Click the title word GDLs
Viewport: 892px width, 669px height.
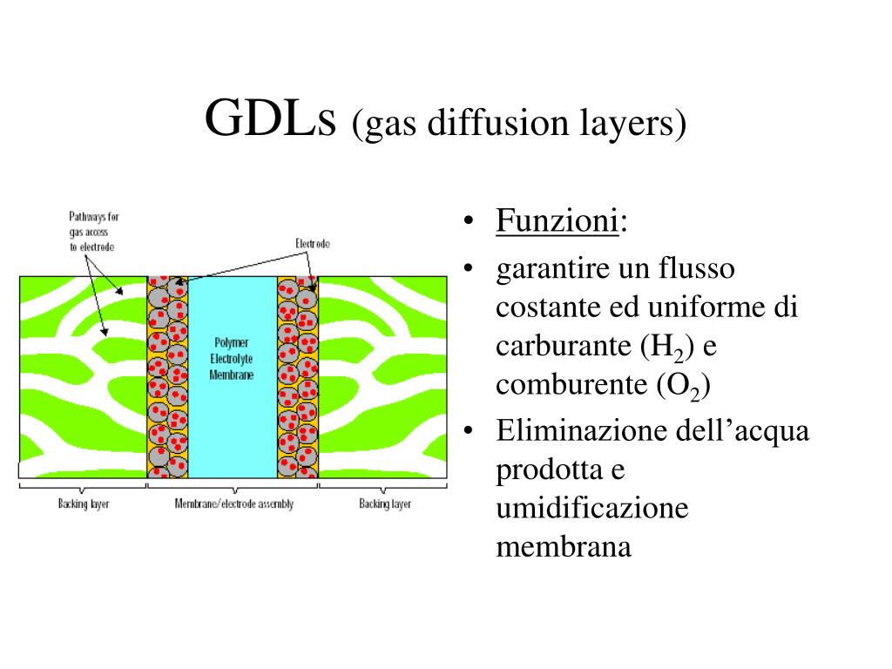pos(270,118)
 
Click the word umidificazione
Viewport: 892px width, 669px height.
pos(592,508)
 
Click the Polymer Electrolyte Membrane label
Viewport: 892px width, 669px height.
pos(232,358)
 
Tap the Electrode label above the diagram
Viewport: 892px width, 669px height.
pos(313,244)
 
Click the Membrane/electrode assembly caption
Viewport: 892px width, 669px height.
pos(233,504)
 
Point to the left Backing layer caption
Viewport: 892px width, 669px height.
pos(84,504)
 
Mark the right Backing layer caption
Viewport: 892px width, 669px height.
pos(385,504)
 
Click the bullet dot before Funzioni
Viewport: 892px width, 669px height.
pos(470,222)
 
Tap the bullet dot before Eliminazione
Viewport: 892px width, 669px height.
pos(470,431)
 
